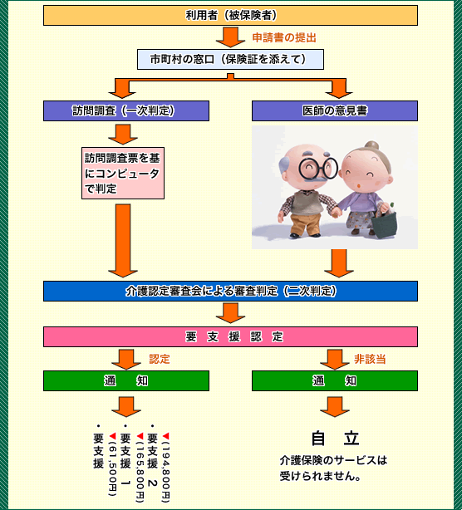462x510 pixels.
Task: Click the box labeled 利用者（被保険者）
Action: point(230,15)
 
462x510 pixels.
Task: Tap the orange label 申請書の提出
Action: point(284,37)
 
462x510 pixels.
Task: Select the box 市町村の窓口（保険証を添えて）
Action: point(230,59)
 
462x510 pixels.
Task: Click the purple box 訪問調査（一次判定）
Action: point(126,111)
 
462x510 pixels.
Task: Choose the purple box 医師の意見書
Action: point(335,111)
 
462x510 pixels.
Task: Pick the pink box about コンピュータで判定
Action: point(123,173)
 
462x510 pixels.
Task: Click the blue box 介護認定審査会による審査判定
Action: point(230,291)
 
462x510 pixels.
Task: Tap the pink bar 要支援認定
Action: point(230,336)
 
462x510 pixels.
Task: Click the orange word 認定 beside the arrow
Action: point(160,359)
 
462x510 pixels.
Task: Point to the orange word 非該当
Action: point(370,359)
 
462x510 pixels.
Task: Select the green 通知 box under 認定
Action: point(126,381)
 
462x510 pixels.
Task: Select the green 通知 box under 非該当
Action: point(335,381)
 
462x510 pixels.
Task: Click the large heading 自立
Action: point(335,438)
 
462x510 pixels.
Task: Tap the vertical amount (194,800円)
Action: point(166,468)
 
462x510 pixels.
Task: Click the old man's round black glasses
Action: point(318,168)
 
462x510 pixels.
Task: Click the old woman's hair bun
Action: point(372,145)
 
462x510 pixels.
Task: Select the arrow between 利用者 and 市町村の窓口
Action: point(230,37)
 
